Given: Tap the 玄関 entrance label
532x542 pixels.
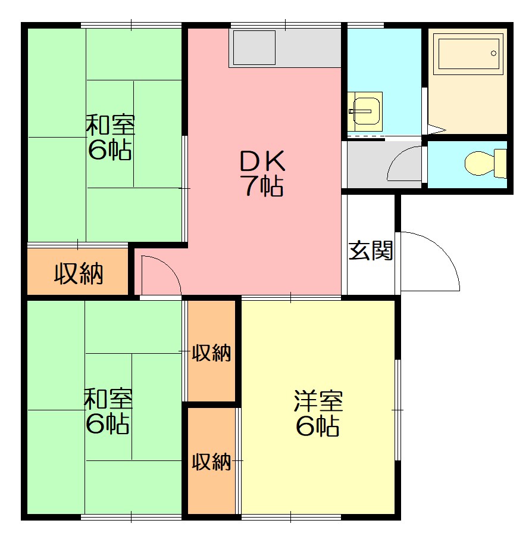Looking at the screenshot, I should coord(371,251).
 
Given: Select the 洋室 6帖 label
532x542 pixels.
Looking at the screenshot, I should coord(318,413).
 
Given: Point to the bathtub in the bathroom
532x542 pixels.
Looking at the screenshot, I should coord(467,54).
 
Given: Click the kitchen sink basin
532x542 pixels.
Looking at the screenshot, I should coord(254,48).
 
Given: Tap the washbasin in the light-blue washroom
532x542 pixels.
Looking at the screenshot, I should coord(365,111).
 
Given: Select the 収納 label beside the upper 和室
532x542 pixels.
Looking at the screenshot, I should coord(79,274).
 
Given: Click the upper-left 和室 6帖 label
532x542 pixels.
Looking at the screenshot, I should coord(110,138).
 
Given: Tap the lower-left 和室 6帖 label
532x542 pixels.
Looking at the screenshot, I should coord(108,411).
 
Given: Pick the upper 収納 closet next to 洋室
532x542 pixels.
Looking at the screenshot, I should coord(211,353).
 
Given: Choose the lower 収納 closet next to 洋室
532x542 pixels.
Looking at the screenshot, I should coord(211,461).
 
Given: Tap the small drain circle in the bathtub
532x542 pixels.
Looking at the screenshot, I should coord(493,53).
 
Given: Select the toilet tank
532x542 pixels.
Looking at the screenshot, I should coord(500,163).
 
